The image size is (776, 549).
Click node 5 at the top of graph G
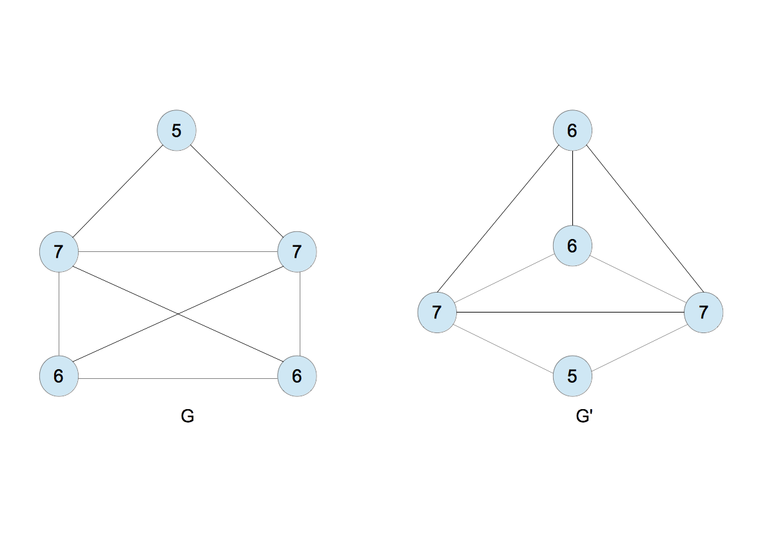pos(177,131)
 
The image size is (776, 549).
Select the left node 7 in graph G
pos(59,251)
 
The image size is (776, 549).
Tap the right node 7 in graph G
pos(296,251)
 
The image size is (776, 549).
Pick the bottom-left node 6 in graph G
pos(59,376)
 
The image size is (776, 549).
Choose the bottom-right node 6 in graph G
pos(296,376)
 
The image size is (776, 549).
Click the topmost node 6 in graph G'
pos(572,131)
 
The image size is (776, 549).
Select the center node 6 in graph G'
pos(572,246)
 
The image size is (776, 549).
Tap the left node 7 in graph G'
pos(437,313)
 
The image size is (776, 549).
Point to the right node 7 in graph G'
pos(703,313)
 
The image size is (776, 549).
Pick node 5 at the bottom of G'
pos(572,376)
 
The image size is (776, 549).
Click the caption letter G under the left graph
pos(188,417)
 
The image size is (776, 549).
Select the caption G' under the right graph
pos(584,417)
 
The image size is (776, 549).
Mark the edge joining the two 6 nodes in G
pos(177,377)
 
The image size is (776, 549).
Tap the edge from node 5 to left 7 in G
pos(118,191)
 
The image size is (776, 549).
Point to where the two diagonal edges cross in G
pos(178,314)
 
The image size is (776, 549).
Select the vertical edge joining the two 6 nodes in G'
pos(572,188)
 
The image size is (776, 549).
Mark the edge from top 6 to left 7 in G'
pos(505,222)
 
